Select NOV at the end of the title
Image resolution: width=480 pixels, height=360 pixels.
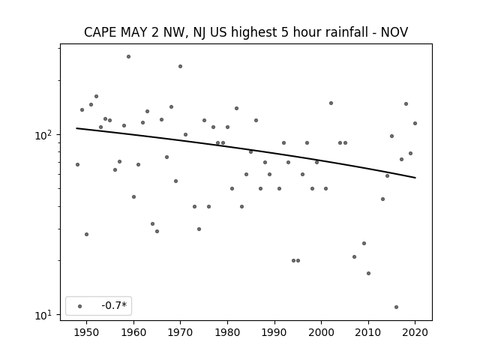[x=394, y=32]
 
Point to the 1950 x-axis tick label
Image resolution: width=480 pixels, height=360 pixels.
[x=87, y=332]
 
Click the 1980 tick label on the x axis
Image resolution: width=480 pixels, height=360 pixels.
[x=227, y=332]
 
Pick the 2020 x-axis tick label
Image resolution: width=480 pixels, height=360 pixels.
[x=415, y=332]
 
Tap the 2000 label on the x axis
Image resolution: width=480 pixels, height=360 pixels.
[x=322, y=332]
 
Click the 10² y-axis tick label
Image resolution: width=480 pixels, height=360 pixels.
[x=45, y=134]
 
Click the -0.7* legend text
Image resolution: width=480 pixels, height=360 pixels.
[x=114, y=305]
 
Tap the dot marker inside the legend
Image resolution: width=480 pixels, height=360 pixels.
[x=80, y=306]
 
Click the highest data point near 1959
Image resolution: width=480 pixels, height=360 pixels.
[x=128, y=57]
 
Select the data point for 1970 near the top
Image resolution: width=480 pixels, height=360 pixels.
[x=180, y=67]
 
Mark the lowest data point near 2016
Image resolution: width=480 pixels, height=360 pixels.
[x=397, y=307]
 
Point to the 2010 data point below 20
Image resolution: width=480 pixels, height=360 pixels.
[x=368, y=273]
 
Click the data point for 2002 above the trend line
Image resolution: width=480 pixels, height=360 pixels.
[x=331, y=103]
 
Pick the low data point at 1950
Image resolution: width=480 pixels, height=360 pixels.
[x=87, y=235]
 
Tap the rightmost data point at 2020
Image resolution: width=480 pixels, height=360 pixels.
[x=415, y=123]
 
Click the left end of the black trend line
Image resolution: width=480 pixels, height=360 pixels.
[x=76, y=128]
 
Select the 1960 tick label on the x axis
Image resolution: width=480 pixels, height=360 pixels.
[x=133, y=332]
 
